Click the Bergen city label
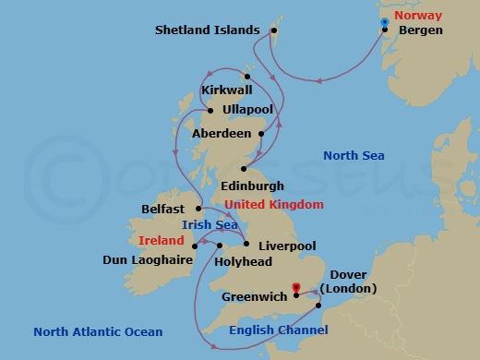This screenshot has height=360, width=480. coord(420,30)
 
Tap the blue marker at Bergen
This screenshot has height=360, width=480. coord(385,22)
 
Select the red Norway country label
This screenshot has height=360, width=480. coord(418,16)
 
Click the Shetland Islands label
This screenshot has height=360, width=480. coord(208,30)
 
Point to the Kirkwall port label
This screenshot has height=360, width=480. coord(228,90)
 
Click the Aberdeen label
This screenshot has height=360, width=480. coord(221,134)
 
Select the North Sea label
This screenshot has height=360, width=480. coord(354,156)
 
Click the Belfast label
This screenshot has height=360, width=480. coord(164,209)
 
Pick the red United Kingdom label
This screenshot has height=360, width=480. coord(274,204)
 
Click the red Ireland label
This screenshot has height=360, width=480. coord(163,240)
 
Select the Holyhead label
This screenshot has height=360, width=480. coord(243,261)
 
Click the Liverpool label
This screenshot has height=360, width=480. coord(287,246)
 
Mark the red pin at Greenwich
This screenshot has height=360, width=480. coord(295,287)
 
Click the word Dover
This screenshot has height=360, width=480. coord(348,275)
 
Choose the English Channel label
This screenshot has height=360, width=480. coord(279,330)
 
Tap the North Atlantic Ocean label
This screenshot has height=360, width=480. coord(98,331)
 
